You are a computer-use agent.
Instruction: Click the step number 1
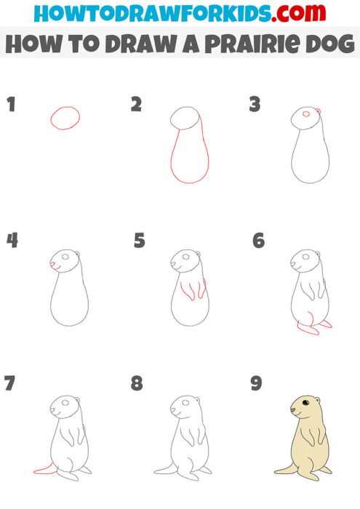point(11,104)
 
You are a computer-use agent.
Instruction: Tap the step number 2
point(136,104)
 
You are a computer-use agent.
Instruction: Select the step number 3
point(255,105)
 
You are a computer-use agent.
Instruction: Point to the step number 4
point(12,240)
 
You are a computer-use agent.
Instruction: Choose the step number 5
point(140,240)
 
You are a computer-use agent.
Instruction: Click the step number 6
point(258,240)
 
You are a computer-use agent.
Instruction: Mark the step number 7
point(9,382)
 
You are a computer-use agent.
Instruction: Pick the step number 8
point(137,382)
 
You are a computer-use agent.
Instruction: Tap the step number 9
point(256,382)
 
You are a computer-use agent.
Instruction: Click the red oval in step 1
point(65,118)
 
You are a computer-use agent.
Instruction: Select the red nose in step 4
point(52,263)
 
